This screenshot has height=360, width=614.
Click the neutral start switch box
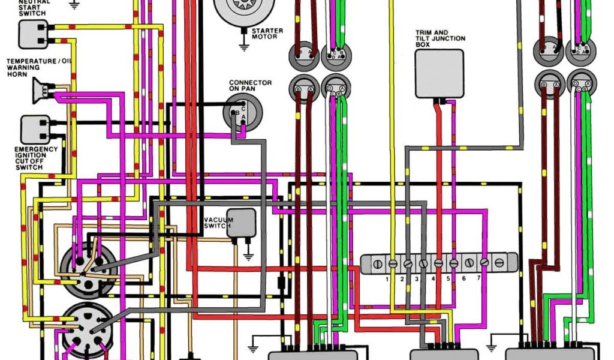tap(32, 34)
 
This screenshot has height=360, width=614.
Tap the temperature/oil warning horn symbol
tap(41, 91)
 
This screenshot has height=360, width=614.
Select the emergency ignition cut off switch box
tap(35, 130)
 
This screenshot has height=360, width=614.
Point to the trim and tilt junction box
tap(440, 74)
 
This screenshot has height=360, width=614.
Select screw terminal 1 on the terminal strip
tap(393, 263)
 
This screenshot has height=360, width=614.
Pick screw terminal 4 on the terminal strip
tap(438, 263)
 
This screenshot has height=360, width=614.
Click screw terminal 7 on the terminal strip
tap(484, 263)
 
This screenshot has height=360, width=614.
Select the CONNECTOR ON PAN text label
tap(250, 86)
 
